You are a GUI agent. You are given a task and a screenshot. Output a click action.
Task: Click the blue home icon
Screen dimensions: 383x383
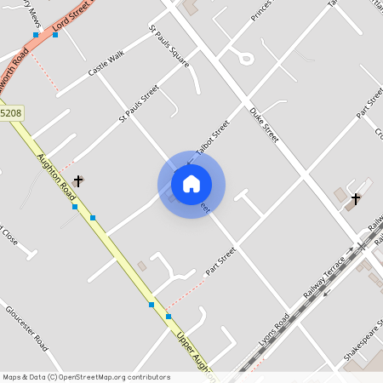click(x=191, y=183)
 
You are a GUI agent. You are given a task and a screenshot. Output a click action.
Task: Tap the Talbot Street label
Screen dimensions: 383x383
click(x=212, y=138)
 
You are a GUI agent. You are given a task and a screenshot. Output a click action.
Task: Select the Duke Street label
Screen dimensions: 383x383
click(x=264, y=123)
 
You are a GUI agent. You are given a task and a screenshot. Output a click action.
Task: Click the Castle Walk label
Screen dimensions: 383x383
click(x=106, y=64)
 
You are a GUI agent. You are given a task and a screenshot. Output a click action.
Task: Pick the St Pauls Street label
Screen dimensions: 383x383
click(x=139, y=101)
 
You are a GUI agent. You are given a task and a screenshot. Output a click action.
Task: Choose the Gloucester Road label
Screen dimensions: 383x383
click(x=26, y=328)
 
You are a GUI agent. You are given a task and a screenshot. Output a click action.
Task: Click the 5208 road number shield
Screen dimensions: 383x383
click(x=11, y=112)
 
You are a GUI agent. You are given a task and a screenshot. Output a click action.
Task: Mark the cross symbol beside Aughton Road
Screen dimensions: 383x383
click(x=78, y=180)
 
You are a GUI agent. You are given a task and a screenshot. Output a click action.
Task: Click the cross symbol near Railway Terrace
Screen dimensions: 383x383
click(x=356, y=199)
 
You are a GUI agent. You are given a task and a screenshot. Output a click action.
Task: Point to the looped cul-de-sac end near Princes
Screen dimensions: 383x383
click(x=246, y=58)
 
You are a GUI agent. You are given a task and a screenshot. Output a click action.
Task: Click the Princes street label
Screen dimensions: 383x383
click(x=260, y=11)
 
